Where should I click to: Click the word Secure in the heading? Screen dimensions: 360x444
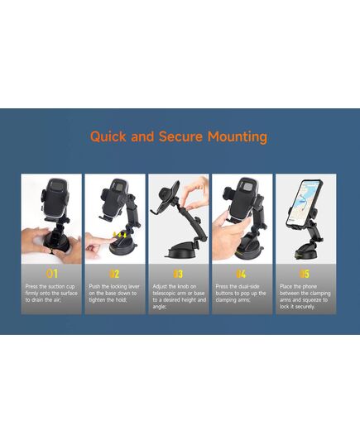click(x=180, y=136)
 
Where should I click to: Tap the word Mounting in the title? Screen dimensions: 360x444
click(x=238, y=137)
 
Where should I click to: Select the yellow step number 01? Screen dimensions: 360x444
click(x=52, y=274)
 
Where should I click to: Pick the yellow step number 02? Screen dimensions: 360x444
click(x=114, y=274)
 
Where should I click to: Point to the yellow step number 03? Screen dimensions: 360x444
click(x=178, y=274)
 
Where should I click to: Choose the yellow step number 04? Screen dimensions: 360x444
click(x=241, y=274)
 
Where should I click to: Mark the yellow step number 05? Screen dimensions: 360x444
click(x=305, y=274)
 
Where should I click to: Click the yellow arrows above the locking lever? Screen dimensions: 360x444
click(x=120, y=235)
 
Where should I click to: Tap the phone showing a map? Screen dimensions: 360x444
click(x=305, y=203)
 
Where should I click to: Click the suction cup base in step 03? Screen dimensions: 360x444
click(x=181, y=251)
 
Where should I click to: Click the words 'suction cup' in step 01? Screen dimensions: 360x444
click(x=61, y=286)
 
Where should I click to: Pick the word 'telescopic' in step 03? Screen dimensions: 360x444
click(x=164, y=294)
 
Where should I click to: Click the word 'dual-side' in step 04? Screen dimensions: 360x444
click(x=248, y=286)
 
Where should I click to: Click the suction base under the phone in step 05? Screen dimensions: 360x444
click(x=305, y=252)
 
